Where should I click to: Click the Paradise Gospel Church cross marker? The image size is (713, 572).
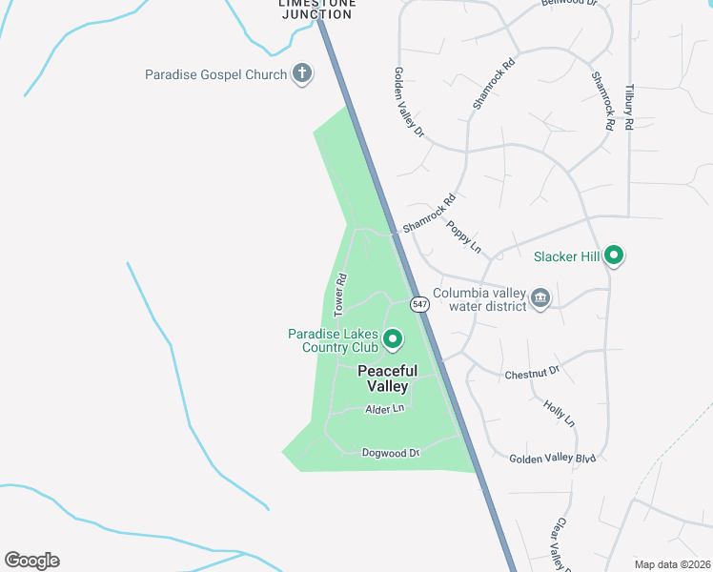click(302, 73)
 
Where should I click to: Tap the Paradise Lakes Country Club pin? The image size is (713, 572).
click(392, 338)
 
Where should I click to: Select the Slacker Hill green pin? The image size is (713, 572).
click(615, 255)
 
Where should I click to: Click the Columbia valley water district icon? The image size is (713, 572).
click(540, 298)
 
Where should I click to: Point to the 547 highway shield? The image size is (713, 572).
click(419, 304)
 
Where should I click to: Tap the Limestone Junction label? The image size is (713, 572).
click(317, 9)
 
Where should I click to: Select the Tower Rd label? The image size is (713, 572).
click(339, 295)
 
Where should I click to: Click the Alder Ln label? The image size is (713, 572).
click(385, 409)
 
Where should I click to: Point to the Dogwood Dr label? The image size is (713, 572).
click(391, 453)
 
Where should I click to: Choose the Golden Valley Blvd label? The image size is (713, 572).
click(552, 459)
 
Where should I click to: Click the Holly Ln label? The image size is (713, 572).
click(560, 413)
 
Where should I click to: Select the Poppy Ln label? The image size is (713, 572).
click(464, 238)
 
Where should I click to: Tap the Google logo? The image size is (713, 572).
click(31, 561)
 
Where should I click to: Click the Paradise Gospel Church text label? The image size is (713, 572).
click(215, 74)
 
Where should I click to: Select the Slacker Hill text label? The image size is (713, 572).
click(566, 255)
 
